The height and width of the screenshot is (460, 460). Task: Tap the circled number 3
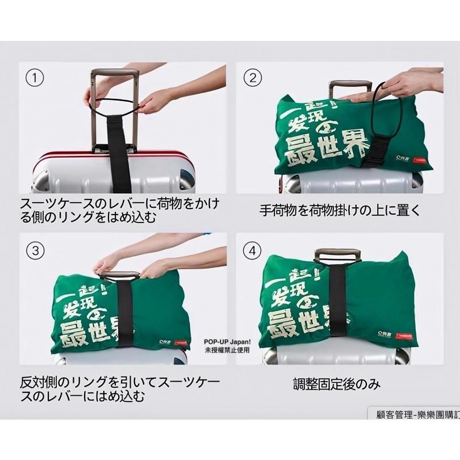pos(36,249)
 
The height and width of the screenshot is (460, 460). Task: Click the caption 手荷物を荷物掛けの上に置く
pos(340,210)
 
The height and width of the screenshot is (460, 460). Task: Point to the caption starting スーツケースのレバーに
pos(119,210)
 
